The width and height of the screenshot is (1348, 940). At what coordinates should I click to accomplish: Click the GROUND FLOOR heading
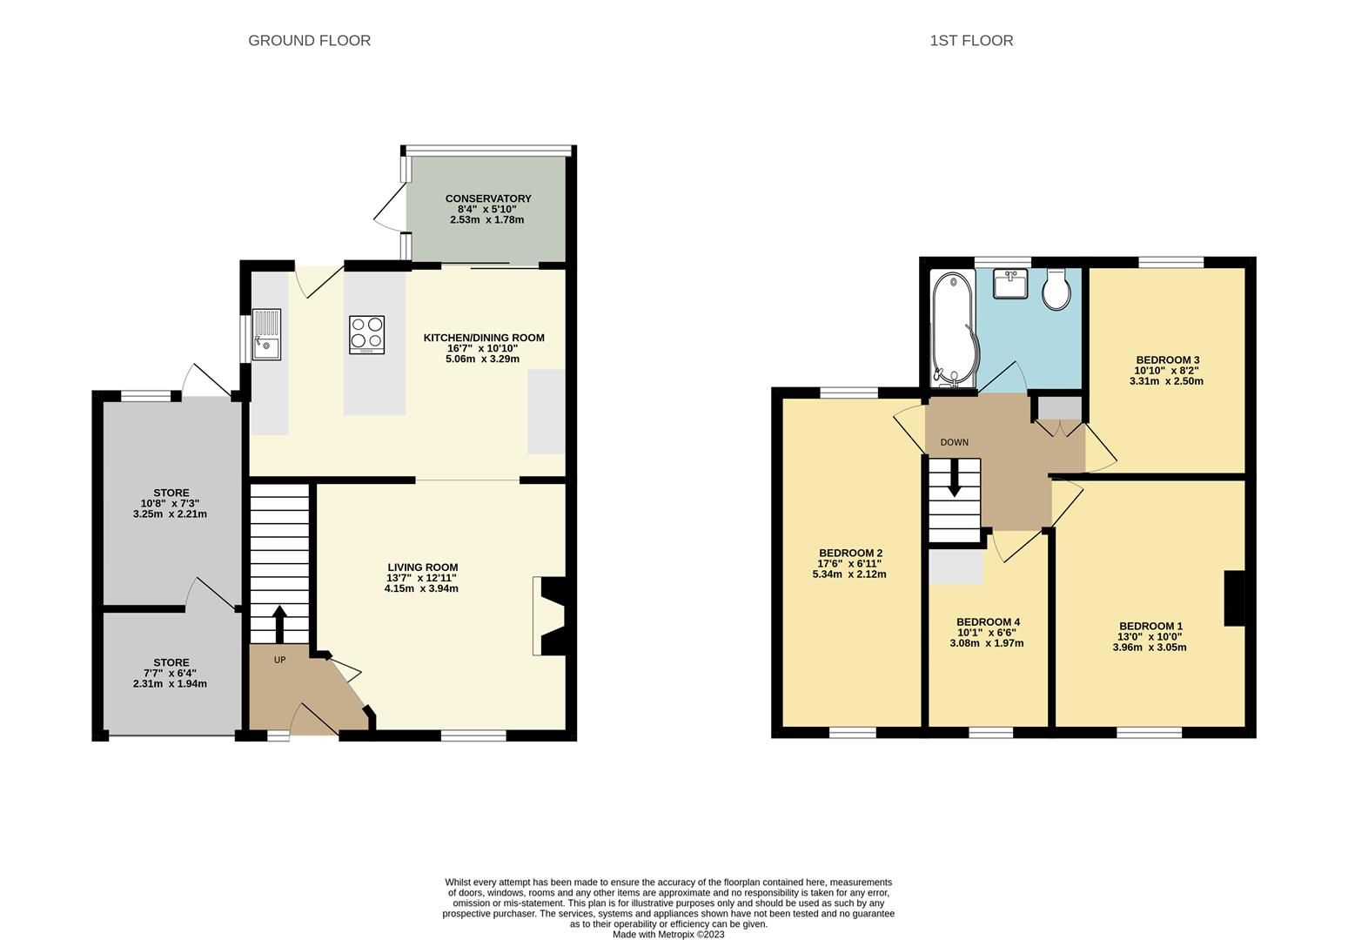309,41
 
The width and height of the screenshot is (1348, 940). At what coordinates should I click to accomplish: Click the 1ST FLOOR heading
971,41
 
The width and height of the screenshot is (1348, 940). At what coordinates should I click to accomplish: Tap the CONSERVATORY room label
487,198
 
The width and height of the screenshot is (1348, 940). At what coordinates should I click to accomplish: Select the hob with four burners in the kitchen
366,334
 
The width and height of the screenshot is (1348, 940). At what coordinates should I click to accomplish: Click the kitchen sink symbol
267,334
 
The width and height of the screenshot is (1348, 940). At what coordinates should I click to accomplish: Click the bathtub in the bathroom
953,329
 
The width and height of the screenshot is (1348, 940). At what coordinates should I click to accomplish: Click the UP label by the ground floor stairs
279,660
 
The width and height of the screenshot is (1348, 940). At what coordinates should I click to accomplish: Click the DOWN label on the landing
954,442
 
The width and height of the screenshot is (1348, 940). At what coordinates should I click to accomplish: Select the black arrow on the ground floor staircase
279,623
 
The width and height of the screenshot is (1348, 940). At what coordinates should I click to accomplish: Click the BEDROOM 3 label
1167,360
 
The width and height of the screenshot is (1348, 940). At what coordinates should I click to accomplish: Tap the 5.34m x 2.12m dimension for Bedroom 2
849,574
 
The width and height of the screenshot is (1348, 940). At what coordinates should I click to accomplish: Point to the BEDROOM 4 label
987,621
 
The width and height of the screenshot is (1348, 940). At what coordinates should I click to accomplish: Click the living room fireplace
552,615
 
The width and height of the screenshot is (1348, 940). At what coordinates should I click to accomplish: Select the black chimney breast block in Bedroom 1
1234,598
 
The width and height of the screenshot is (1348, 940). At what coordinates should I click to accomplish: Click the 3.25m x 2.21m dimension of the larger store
171,514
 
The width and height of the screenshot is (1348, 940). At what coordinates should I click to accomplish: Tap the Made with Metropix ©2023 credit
667,935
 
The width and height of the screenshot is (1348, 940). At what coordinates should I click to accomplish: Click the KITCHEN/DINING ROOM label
483,338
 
